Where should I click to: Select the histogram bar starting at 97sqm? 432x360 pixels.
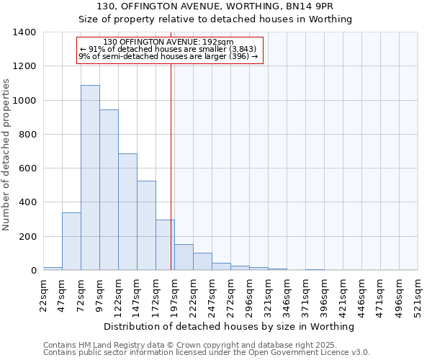pos(109,190)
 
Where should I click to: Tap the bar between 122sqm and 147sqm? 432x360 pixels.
pos(127,212)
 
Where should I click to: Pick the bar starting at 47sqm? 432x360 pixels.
pos(71,241)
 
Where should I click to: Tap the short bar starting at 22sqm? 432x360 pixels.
pos(53,269)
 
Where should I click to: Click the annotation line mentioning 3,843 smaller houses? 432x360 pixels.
pos(170,49)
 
